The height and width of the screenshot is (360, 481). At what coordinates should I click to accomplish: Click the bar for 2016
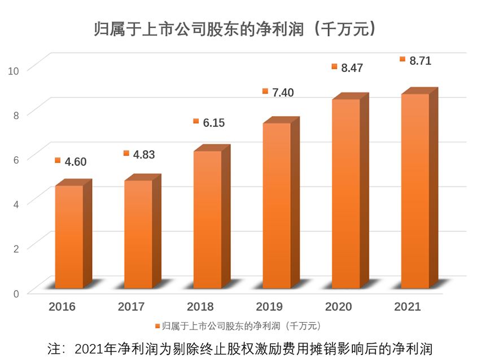(69, 237)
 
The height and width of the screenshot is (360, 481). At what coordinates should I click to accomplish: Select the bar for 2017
(138, 234)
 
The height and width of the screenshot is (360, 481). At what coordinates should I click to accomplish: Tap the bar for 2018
(208, 220)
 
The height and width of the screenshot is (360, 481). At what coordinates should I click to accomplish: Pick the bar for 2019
(277, 206)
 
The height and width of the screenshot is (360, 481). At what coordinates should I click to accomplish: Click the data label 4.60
(75, 162)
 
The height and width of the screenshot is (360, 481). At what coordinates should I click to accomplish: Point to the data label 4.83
(143, 154)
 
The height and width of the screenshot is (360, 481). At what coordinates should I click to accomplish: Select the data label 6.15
(213, 122)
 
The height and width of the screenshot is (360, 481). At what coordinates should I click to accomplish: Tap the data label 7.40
(282, 92)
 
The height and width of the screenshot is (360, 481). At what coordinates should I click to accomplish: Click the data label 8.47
(351, 68)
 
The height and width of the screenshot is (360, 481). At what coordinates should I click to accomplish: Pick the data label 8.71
(419, 61)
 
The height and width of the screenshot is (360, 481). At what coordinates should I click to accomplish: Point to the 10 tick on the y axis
(14, 70)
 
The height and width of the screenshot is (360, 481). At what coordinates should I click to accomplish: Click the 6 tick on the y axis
(16, 159)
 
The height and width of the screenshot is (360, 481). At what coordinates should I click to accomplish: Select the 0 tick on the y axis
(16, 293)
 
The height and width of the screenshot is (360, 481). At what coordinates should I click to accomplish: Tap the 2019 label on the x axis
(269, 307)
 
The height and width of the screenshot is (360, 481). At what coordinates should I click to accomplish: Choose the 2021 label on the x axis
(408, 307)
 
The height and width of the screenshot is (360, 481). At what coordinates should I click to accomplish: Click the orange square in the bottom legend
(156, 326)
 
